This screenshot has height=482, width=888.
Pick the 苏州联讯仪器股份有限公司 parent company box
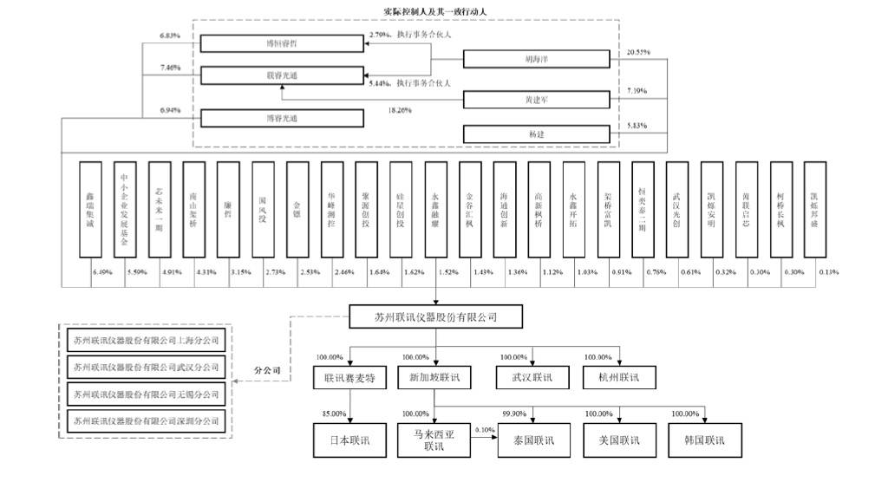pos(436,316)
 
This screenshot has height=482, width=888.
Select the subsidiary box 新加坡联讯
pos(434,378)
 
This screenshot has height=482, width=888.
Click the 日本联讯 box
pos(349,440)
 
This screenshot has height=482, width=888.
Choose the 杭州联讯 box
pos(618,378)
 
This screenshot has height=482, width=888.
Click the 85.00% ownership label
pos(333,414)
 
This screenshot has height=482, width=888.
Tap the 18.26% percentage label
pos(399,110)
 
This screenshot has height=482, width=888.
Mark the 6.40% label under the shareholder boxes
pos(102,272)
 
